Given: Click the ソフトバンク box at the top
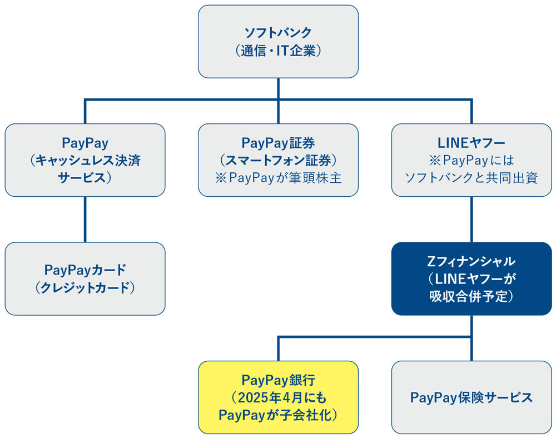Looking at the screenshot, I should click(278, 42).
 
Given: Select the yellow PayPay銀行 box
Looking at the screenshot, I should click(278, 397).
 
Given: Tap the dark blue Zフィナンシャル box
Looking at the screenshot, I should click(471, 278).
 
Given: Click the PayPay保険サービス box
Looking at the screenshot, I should click(471, 397).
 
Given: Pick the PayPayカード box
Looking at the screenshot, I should click(85, 278).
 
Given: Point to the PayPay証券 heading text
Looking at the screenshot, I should click(278, 143).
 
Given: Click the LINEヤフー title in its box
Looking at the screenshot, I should click(471, 143).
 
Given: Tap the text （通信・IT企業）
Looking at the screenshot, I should click(278, 51).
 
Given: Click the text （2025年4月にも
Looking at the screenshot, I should click(278, 397).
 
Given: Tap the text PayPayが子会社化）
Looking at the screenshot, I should click(278, 415).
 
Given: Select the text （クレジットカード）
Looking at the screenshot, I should click(85, 288).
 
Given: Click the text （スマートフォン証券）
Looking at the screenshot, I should click(278, 161).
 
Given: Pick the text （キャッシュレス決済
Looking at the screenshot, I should click(85, 161).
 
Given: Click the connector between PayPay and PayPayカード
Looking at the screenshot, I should click(85, 219).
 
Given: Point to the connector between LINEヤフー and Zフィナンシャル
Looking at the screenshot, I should click(471, 219).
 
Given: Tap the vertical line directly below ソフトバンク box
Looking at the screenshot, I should click(278, 89).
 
